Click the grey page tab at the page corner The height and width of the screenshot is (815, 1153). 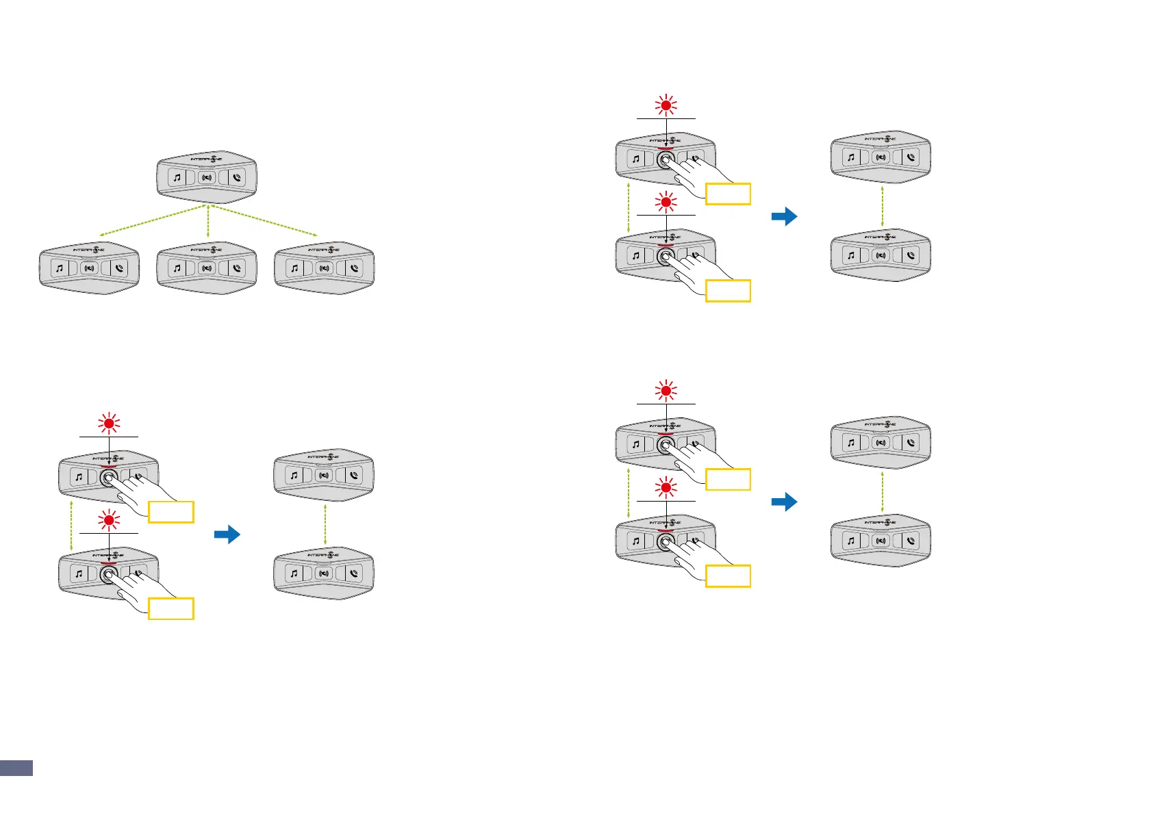[x=16, y=767]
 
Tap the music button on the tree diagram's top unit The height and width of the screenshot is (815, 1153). [x=177, y=178]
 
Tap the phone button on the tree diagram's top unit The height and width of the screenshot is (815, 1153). [x=236, y=178]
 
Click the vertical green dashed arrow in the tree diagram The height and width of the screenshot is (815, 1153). [x=207, y=222]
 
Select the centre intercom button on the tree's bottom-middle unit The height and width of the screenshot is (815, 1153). [x=207, y=268]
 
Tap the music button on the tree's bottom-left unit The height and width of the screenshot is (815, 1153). [x=60, y=268]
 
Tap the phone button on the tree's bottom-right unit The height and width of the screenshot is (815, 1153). [x=354, y=268]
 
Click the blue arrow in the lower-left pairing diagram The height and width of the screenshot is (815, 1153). [x=227, y=534]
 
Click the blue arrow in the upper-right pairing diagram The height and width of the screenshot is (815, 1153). [x=784, y=217]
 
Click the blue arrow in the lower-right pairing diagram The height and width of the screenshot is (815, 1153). [x=784, y=502]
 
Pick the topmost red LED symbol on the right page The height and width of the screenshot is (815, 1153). [x=666, y=106]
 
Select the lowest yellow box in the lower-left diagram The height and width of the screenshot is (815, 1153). [x=171, y=608]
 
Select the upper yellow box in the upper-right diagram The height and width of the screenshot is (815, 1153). [x=728, y=194]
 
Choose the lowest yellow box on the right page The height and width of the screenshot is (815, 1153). [x=728, y=576]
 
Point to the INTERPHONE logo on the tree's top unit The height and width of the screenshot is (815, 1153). [x=207, y=159]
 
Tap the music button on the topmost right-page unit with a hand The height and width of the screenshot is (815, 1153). [x=636, y=159]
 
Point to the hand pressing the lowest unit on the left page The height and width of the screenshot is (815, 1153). [x=147, y=585]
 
